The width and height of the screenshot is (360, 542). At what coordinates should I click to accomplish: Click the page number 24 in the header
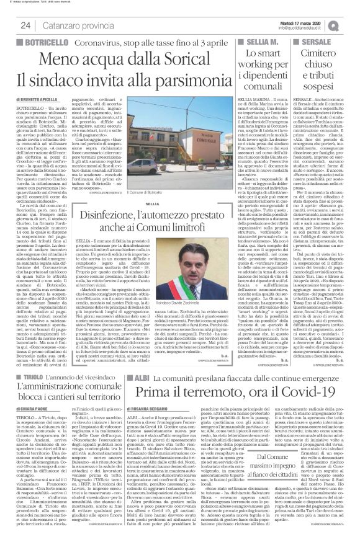(x=27, y=25)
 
